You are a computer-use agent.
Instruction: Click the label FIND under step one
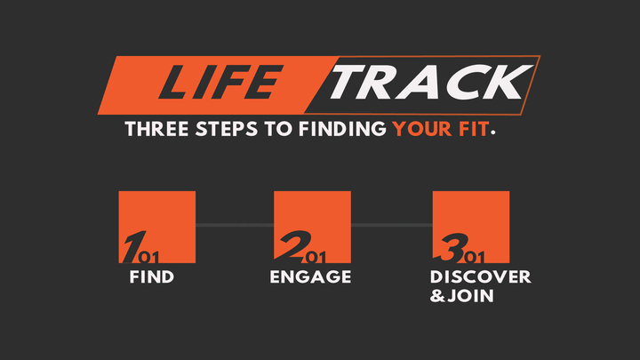click(151, 277)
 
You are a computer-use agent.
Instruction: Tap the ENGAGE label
click(310, 277)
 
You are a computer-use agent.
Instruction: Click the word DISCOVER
click(480, 277)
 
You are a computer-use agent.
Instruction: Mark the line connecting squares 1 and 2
click(235, 226)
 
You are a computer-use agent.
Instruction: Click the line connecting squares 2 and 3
click(393, 226)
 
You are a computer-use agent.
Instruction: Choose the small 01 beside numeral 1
click(148, 259)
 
